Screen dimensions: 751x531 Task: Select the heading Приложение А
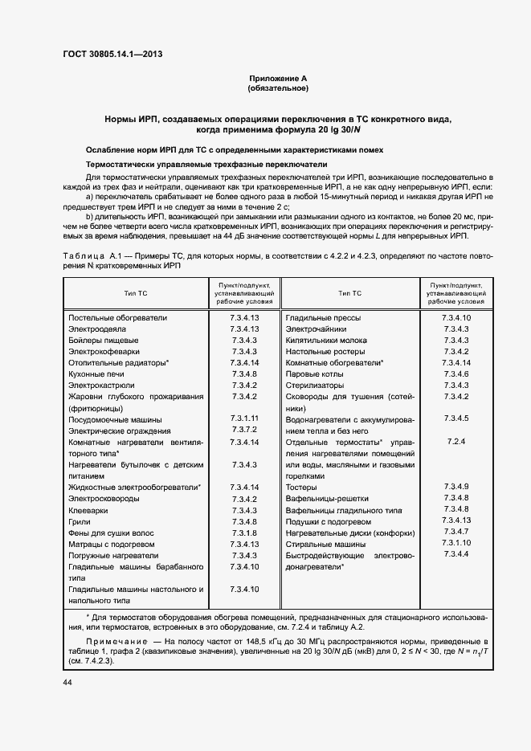click(x=278, y=78)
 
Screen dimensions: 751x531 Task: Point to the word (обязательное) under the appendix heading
click(x=278, y=88)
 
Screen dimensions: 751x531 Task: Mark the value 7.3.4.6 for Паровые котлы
click(x=455, y=374)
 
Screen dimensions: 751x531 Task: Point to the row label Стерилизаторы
click(x=316, y=386)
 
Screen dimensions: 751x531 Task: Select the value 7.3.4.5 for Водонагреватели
click(x=455, y=418)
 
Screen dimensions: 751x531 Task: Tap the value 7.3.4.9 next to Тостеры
click(x=455, y=487)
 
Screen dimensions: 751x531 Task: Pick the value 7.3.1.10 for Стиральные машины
click(x=455, y=544)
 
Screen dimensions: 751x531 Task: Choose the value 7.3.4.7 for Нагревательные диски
click(x=455, y=533)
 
